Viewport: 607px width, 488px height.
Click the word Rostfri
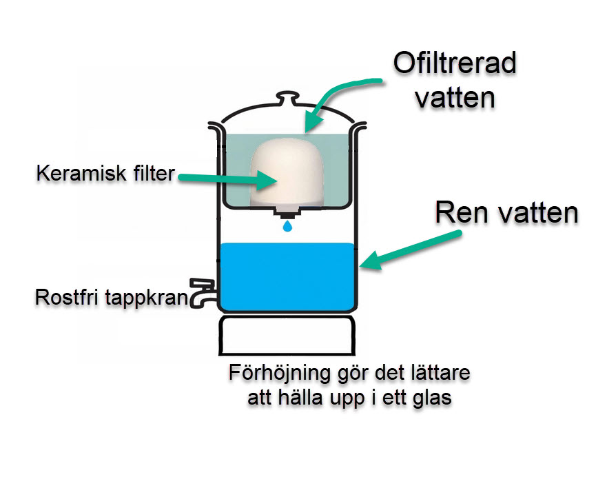coord(64,298)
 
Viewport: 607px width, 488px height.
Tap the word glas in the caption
coord(433,399)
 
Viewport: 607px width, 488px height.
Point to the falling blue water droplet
coord(287,226)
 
